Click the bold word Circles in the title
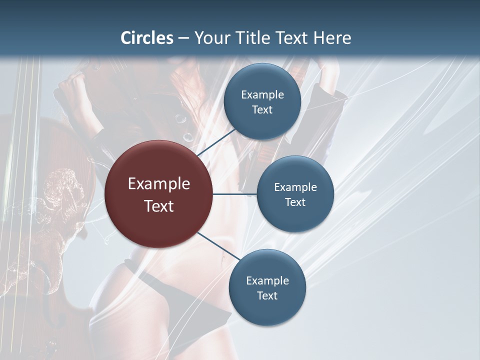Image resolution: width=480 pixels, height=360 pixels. [x=147, y=38]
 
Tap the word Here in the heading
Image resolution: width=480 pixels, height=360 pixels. [x=332, y=38]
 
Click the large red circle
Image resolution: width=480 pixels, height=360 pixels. [x=158, y=194]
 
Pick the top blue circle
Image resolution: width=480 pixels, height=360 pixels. [x=262, y=101]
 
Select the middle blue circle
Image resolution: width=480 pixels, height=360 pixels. [x=295, y=194]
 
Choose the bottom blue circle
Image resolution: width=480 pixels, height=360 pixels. [x=267, y=287]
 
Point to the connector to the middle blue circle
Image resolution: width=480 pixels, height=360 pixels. [x=235, y=194]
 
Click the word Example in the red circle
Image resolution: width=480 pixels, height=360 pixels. [x=158, y=184]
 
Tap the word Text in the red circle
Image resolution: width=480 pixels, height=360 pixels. [x=158, y=205]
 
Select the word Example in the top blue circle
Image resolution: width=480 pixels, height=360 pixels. [x=262, y=94]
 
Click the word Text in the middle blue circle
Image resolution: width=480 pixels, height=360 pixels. [x=295, y=202]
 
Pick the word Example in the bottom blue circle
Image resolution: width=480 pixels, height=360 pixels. [x=267, y=280]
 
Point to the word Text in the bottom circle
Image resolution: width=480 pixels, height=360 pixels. [x=267, y=295]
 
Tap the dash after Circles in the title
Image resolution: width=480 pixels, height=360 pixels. [x=183, y=38]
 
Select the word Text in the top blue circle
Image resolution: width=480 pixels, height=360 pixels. [x=262, y=109]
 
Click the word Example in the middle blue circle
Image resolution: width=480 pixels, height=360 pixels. [x=295, y=187]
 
